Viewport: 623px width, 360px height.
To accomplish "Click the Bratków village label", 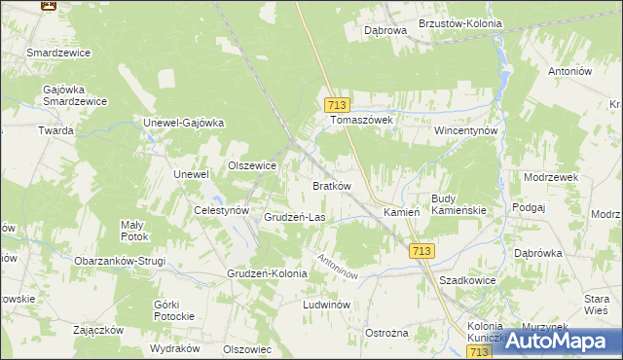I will coord(331,185).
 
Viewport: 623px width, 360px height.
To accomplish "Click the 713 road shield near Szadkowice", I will coord(421,251).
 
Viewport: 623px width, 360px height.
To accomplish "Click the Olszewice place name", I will coord(252,166).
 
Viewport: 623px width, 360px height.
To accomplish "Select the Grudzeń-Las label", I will coord(294,217).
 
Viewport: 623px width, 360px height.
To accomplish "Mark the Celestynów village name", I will coord(223,210).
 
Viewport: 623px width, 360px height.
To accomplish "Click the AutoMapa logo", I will coord(560,341).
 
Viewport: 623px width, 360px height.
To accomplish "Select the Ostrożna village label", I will coord(386,333).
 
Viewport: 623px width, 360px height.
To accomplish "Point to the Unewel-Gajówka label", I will coord(184,123).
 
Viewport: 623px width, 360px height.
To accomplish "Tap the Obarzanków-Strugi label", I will coord(121,261).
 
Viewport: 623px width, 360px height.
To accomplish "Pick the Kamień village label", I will coord(401,212).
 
